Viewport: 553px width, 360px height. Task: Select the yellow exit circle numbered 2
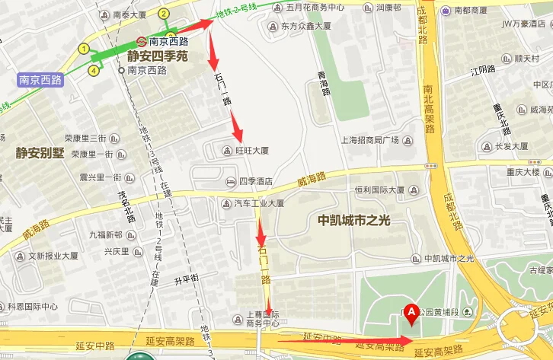point(164,14)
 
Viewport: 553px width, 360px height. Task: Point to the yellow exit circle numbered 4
point(94,71)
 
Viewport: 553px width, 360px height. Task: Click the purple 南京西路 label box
point(40,78)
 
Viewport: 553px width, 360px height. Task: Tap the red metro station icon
point(141,42)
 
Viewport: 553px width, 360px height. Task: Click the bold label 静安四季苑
point(157,56)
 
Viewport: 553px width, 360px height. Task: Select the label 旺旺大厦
point(251,151)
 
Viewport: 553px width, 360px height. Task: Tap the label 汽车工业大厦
point(258,204)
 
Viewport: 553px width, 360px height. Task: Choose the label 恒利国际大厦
point(379,190)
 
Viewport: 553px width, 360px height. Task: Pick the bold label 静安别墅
point(40,152)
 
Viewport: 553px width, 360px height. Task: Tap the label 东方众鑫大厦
point(305,26)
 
